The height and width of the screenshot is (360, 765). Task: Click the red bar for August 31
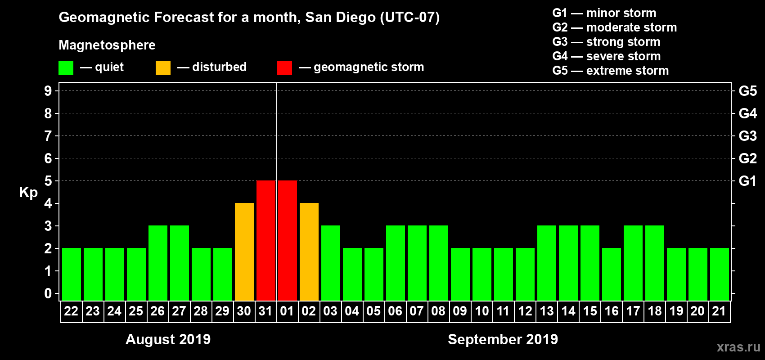(266, 240)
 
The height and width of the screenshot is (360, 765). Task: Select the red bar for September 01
(288, 240)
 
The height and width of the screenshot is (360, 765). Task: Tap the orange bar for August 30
(244, 252)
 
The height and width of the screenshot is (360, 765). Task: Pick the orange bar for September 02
(309, 252)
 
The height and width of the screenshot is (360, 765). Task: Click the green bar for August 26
(158, 263)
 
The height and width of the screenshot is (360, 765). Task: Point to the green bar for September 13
(547, 263)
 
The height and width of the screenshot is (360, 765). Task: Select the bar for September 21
(720, 274)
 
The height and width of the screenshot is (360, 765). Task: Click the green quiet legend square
(66, 68)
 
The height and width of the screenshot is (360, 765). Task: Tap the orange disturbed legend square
(163, 68)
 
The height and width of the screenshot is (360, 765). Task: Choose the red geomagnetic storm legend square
(284, 68)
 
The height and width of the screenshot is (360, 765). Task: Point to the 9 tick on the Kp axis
(48, 91)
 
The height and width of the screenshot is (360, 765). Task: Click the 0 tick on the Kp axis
(48, 294)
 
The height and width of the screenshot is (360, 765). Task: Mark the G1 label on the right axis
(747, 181)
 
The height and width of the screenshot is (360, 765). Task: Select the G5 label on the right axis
(747, 91)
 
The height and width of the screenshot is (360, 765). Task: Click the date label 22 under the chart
(71, 311)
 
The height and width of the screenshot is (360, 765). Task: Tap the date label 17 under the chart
(633, 311)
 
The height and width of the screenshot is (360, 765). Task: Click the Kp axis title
(28, 193)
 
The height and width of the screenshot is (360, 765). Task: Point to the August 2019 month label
(168, 339)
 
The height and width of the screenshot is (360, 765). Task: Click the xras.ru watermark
(738, 347)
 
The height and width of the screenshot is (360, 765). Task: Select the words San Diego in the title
(340, 18)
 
